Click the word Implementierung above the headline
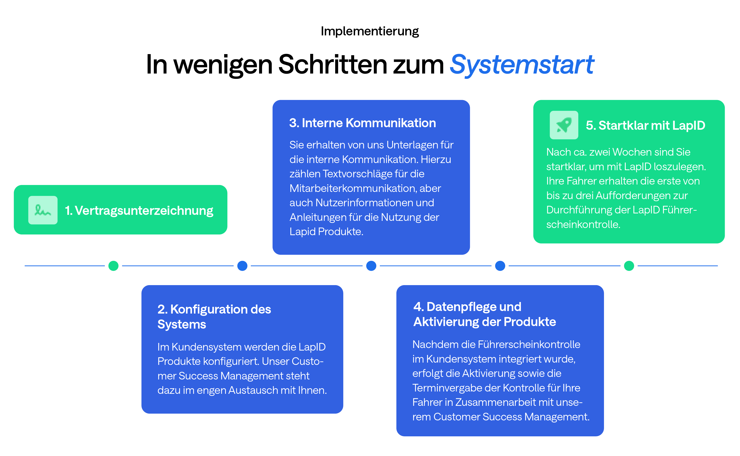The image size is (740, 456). [370, 31]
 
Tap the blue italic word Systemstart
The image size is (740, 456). [522, 65]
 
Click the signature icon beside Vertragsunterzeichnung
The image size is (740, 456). [43, 210]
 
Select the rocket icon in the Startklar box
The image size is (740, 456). [564, 125]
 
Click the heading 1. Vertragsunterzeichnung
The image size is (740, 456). [139, 210]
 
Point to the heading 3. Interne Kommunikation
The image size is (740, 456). [362, 123]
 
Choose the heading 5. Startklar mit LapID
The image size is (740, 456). [645, 126]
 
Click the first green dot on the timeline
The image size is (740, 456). [113, 266]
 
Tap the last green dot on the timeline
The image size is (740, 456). [629, 266]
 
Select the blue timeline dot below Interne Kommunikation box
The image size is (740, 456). [371, 266]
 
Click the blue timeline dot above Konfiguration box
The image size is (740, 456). [242, 266]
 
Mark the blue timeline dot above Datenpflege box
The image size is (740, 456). [500, 266]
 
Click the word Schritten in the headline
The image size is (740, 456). [332, 65]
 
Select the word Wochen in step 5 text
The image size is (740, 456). [632, 152]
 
